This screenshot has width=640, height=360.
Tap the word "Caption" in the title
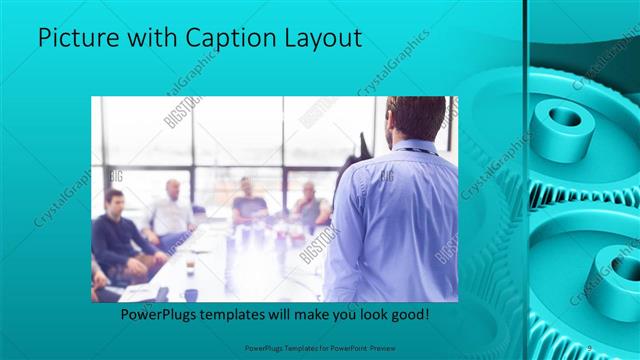(219, 39)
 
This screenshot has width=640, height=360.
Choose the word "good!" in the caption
(407, 314)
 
